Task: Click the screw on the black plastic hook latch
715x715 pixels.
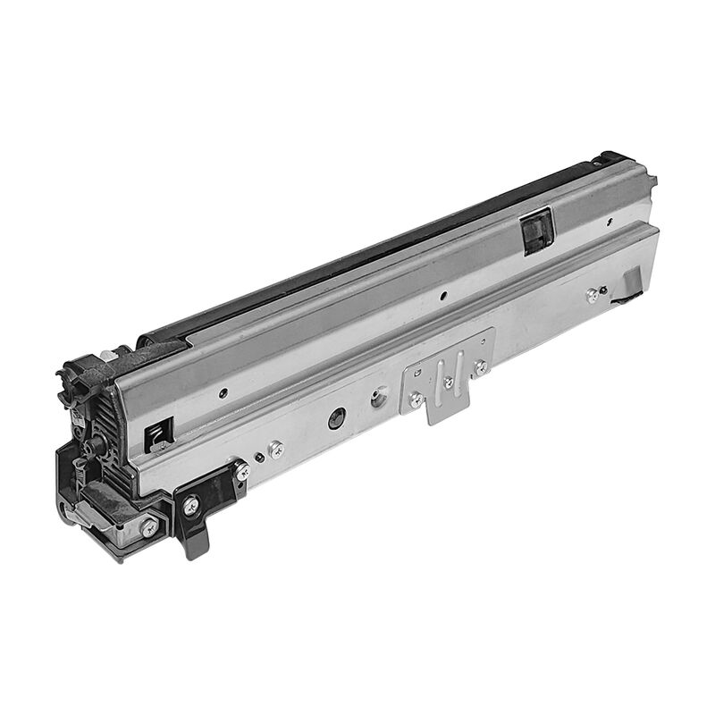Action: click(x=190, y=505)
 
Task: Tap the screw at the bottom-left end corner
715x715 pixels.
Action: click(x=148, y=527)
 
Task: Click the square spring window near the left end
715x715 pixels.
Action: click(x=154, y=434)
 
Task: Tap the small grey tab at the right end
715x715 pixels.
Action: click(x=632, y=282)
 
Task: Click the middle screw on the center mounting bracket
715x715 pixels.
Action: click(x=448, y=383)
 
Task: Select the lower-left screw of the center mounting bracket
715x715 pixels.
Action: click(x=416, y=400)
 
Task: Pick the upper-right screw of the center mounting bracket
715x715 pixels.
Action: click(x=481, y=366)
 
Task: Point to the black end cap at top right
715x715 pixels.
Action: click(x=617, y=158)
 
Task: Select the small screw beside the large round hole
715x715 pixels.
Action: click(x=275, y=448)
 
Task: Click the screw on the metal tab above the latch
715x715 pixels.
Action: click(x=241, y=468)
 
